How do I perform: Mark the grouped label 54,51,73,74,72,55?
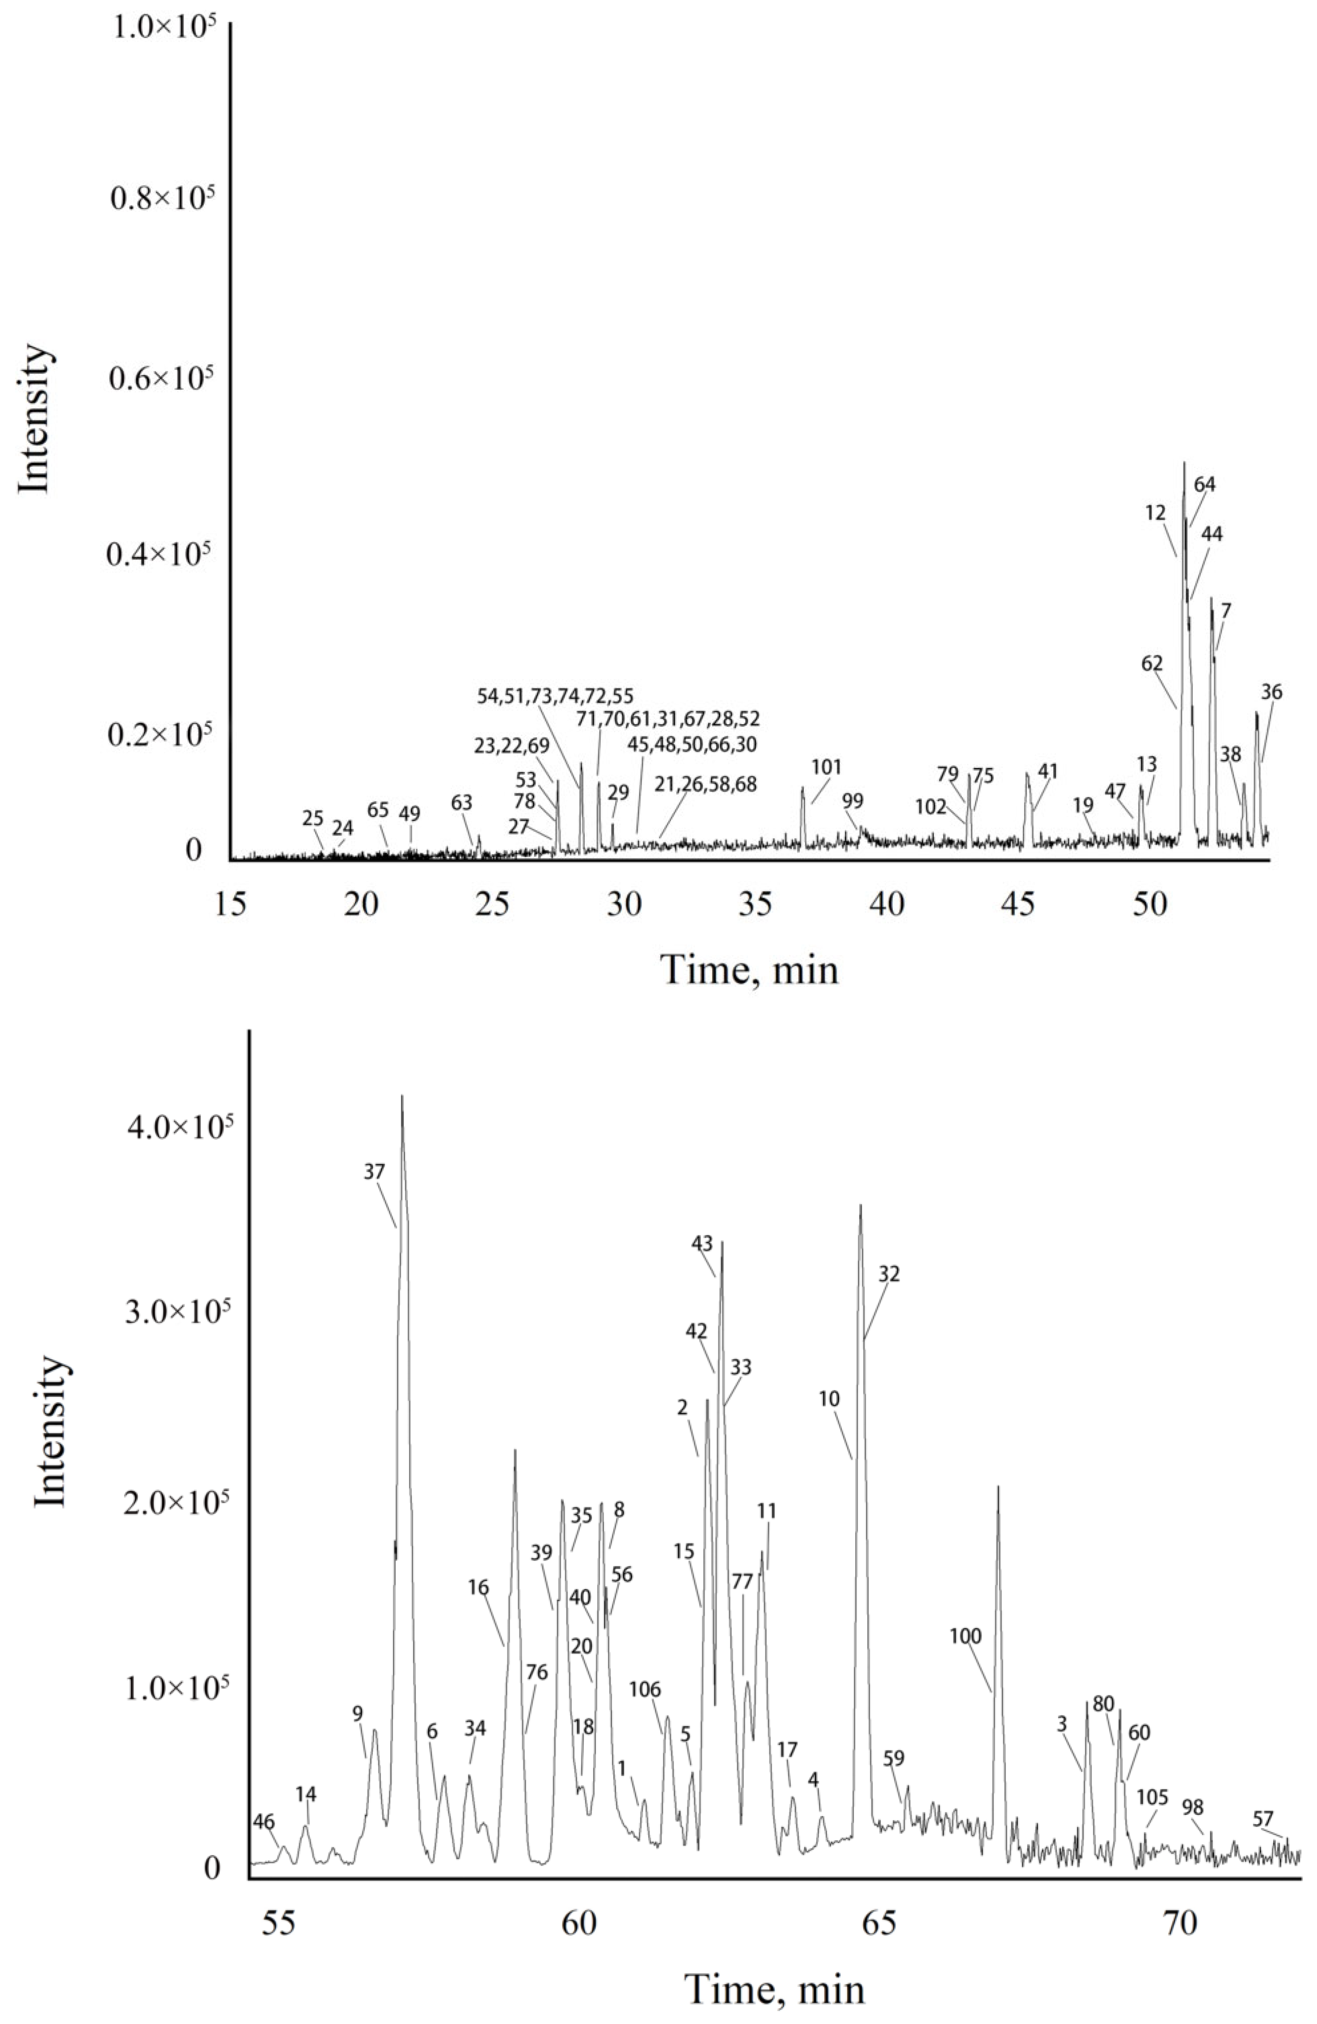click(555, 696)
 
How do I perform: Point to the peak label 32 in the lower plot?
click(889, 1274)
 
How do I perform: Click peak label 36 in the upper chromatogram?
click(1271, 692)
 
